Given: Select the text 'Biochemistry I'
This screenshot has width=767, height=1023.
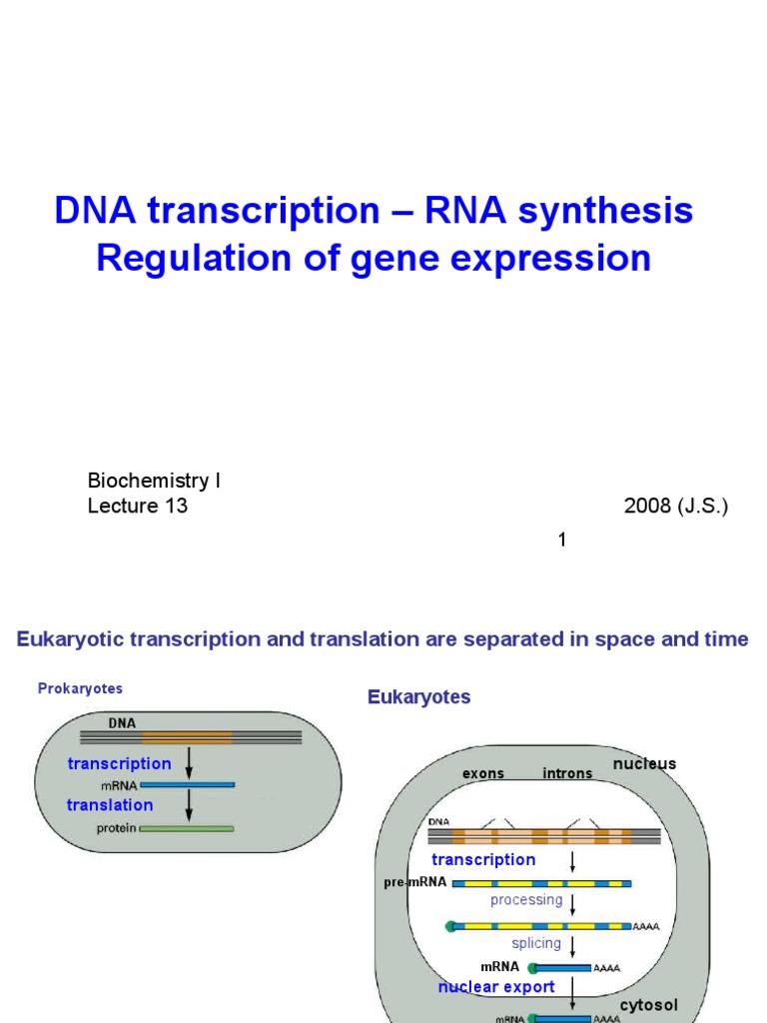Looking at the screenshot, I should pyautogui.click(x=154, y=481).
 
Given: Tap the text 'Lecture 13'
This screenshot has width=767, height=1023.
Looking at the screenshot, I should pyautogui.click(x=138, y=506).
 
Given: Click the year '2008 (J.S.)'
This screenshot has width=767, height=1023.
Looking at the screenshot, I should pyautogui.click(x=676, y=506).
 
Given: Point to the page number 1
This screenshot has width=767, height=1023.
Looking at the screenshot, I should pyautogui.click(x=562, y=540).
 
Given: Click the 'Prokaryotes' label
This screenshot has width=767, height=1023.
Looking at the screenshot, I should pyautogui.click(x=80, y=688).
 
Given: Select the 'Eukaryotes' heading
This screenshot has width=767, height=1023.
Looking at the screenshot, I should pyautogui.click(x=418, y=696).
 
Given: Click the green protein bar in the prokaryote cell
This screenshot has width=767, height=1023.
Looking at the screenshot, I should pyautogui.click(x=187, y=828).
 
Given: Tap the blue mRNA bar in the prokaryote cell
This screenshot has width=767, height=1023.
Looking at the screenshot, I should pyautogui.click(x=187, y=785).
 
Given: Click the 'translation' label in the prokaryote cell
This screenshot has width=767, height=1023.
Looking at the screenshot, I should pyautogui.click(x=110, y=805).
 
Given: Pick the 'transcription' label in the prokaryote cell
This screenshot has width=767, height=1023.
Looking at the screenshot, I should pyautogui.click(x=119, y=763).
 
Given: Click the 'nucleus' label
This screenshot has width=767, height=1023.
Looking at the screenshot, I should pyautogui.click(x=644, y=763).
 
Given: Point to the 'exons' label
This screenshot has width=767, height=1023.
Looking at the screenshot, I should pyautogui.click(x=483, y=773).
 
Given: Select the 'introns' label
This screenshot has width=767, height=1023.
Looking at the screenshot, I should pyautogui.click(x=567, y=773).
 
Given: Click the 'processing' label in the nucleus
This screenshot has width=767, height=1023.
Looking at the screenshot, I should pyautogui.click(x=526, y=899).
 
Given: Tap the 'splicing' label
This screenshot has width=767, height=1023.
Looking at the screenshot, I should pyautogui.click(x=536, y=943).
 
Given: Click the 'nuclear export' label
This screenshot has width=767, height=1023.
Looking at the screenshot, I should pyautogui.click(x=496, y=987).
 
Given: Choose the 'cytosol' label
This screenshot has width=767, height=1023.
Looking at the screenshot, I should pyautogui.click(x=648, y=1004).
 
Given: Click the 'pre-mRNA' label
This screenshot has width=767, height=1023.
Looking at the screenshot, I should pyautogui.click(x=414, y=883).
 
